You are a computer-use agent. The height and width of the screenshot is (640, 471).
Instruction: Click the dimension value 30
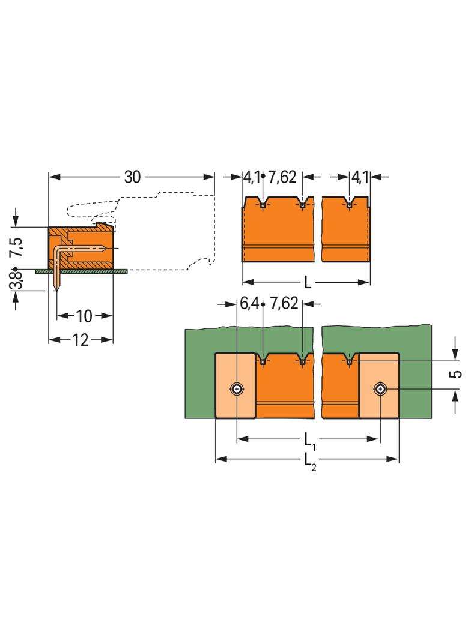pyautogui.click(x=132, y=177)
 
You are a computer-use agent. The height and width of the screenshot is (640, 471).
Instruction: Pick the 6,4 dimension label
pyautogui.click(x=249, y=304)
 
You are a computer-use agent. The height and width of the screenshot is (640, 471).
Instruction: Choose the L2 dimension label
pyautogui.click(x=309, y=460)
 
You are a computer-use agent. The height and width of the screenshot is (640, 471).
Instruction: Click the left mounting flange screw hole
pyautogui.click(x=238, y=390)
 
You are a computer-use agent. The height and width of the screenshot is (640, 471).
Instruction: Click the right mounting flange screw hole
pyautogui.click(x=380, y=390)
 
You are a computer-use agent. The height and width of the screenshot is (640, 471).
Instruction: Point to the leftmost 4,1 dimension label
pyautogui.click(x=251, y=177)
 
